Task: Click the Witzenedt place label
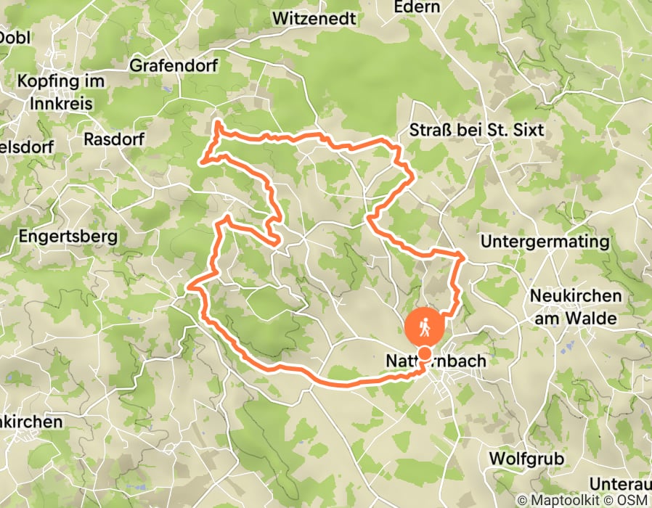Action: (314, 18)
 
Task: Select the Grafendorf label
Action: (179, 65)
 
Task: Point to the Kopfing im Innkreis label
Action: (62, 92)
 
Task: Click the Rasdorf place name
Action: (115, 138)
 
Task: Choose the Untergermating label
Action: (545, 241)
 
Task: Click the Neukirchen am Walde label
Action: (576, 307)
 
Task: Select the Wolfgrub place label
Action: (526, 459)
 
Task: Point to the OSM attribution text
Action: (633, 501)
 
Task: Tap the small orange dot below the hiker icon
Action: (423, 353)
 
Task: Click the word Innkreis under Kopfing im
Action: (62, 104)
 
